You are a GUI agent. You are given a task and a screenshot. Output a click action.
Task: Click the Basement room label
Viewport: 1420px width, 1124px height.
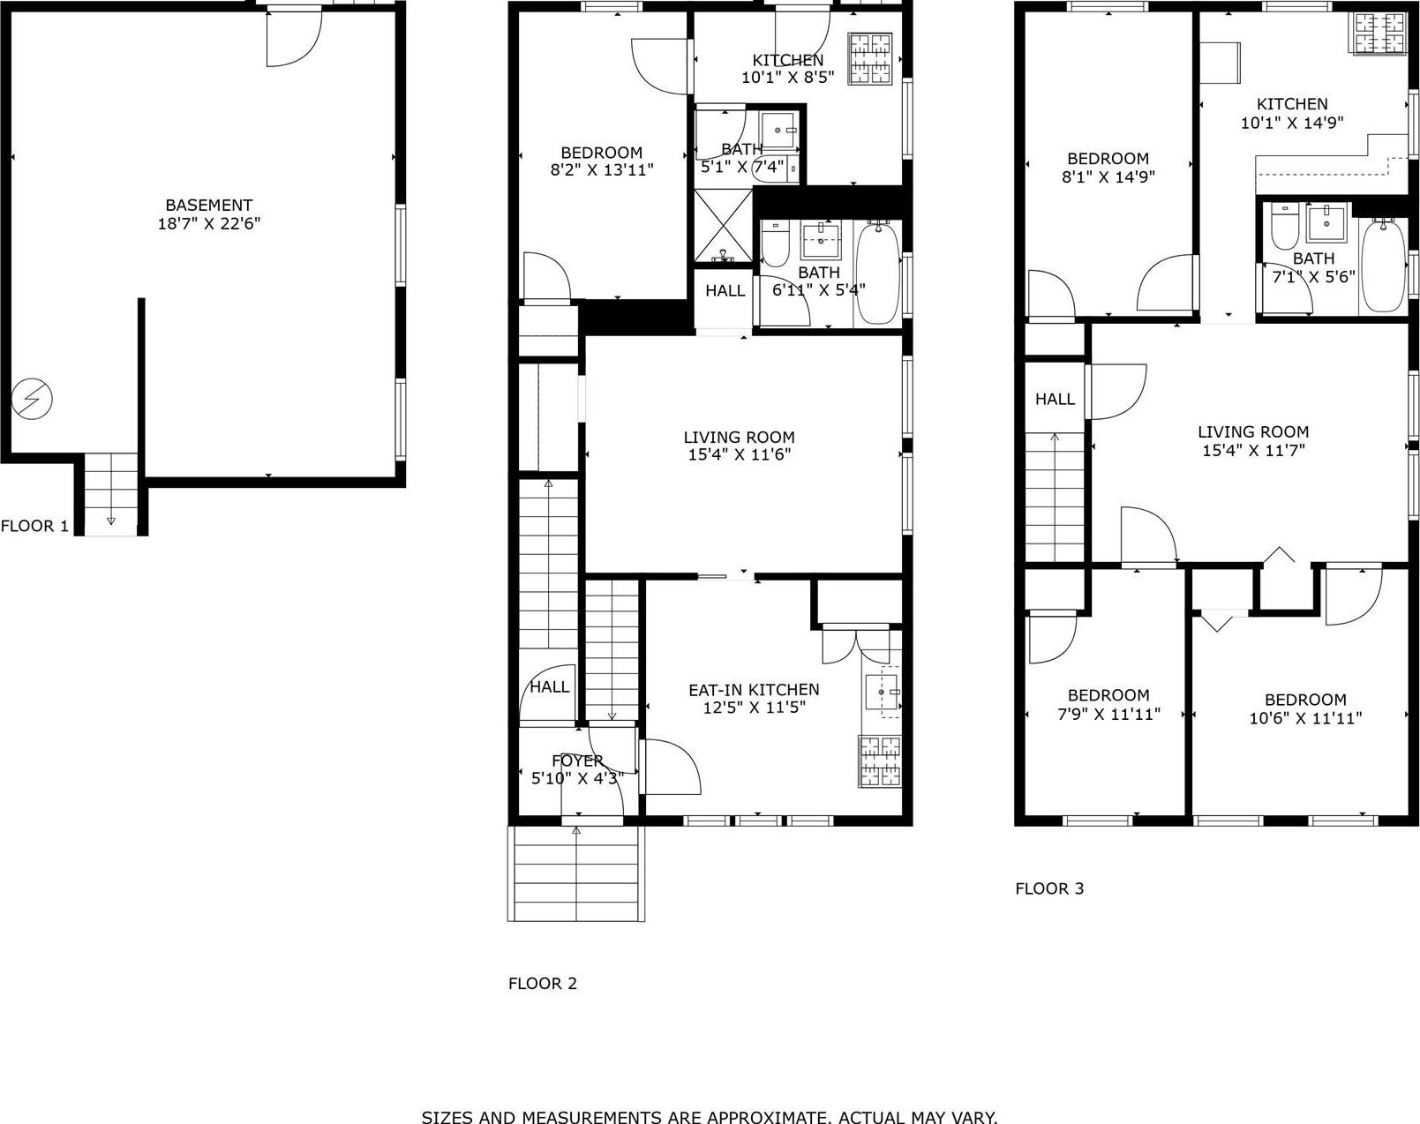(x=208, y=205)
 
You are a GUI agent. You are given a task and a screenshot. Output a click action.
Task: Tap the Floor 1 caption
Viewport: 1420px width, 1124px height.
(x=34, y=526)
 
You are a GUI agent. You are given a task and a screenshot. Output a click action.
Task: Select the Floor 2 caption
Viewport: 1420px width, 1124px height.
(x=542, y=983)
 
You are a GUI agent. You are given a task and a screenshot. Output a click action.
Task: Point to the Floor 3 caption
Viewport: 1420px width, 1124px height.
(x=1049, y=888)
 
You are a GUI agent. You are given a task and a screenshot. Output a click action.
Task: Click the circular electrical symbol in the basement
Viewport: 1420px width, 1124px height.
(x=32, y=400)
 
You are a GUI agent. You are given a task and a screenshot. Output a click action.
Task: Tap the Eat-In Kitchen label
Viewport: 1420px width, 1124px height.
(x=754, y=690)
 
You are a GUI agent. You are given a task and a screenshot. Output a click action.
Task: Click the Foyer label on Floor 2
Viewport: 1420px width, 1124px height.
(x=577, y=761)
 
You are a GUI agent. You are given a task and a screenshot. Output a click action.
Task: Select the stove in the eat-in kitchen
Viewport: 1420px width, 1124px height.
(x=881, y=761)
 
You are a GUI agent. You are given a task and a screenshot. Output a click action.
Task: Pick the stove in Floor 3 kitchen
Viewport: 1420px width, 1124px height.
(x=1379, y=34)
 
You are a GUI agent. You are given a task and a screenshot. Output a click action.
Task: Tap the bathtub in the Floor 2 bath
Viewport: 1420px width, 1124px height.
(x=877, y=274)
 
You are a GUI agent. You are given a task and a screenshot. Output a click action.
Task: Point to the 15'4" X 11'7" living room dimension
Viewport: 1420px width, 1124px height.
(x=1252, y=450)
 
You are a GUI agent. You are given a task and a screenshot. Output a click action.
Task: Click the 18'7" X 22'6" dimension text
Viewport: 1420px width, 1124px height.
(x=208, y=224)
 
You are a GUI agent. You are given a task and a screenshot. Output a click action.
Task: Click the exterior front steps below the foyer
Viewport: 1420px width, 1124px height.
(x=576, y=873)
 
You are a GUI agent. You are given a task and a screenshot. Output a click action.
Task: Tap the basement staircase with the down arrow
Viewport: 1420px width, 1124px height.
(x=111, y=494)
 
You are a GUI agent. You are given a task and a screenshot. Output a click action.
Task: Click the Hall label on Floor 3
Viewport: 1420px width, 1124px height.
(x=1055, y=399)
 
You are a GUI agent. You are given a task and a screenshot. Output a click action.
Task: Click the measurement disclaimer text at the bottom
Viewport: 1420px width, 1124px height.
(x=710, y=1117)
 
